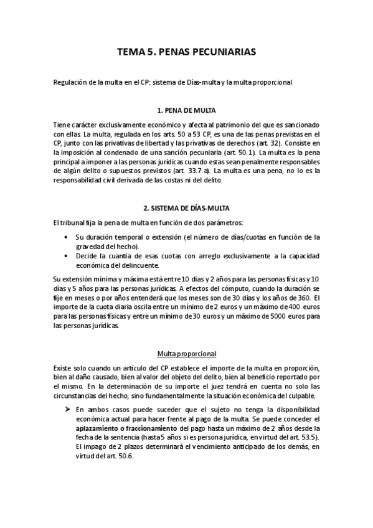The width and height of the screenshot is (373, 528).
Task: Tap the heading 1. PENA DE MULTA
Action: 187,110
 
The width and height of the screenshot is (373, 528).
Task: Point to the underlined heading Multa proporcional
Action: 187,354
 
